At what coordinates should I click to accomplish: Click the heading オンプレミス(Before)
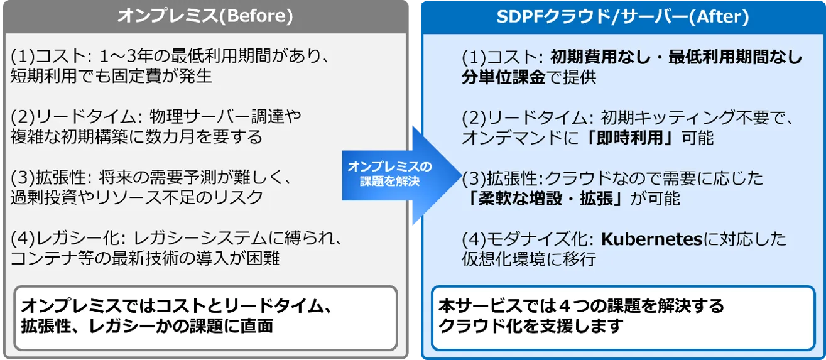pos(205,16)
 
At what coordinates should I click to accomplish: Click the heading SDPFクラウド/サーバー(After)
pos(623,17)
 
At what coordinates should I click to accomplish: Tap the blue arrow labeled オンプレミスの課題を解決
pos(402,175)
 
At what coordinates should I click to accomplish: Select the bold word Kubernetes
pos(651,239)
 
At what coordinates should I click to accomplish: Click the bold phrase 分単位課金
pos(504,77)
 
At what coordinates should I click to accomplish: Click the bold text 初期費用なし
pos(600,57)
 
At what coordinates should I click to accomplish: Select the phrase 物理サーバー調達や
pos(226,117)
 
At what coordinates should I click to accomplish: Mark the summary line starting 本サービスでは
pos(582,306)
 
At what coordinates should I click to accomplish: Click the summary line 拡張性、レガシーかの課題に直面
pos(147,326)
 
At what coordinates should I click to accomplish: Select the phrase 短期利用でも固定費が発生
pos(111,77)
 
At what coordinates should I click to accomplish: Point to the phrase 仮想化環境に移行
pos(529,259)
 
